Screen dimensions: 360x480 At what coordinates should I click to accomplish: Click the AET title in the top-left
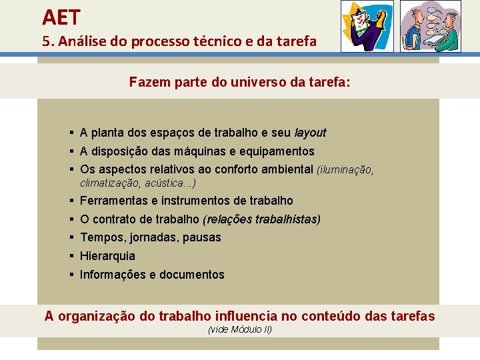[x=61, y=16]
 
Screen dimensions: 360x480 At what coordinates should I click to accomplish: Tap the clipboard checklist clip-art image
[x=367, y=26]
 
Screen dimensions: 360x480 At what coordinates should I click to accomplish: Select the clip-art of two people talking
[x=430, y=26]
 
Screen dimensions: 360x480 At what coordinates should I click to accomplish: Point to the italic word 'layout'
[x=310, y=133]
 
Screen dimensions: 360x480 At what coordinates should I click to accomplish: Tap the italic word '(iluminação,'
[x=345, y=170]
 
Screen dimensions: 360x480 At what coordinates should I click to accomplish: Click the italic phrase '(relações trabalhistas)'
[x=261, y=219]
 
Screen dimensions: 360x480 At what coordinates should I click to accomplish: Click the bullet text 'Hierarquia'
[x=107, y=256]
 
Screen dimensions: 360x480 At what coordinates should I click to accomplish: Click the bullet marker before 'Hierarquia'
[x=70, y=256]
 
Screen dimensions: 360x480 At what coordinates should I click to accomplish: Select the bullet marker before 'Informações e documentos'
[x=70, y=275]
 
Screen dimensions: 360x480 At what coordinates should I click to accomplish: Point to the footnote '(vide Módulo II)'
[x=240, y=329]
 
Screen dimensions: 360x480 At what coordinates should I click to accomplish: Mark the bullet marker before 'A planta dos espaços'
[x=70, y=133]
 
